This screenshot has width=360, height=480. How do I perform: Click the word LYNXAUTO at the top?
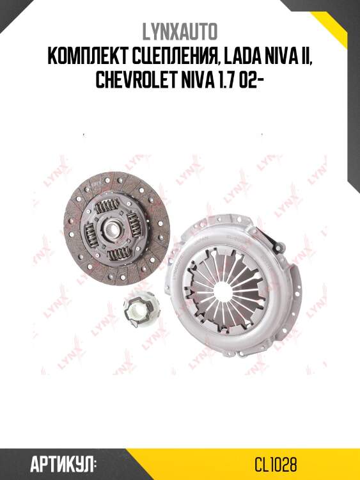[x=180, y=31]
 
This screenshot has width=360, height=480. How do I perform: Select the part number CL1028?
[x=276, y=464]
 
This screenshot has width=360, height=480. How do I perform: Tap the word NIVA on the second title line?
[x=278, y=57]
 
